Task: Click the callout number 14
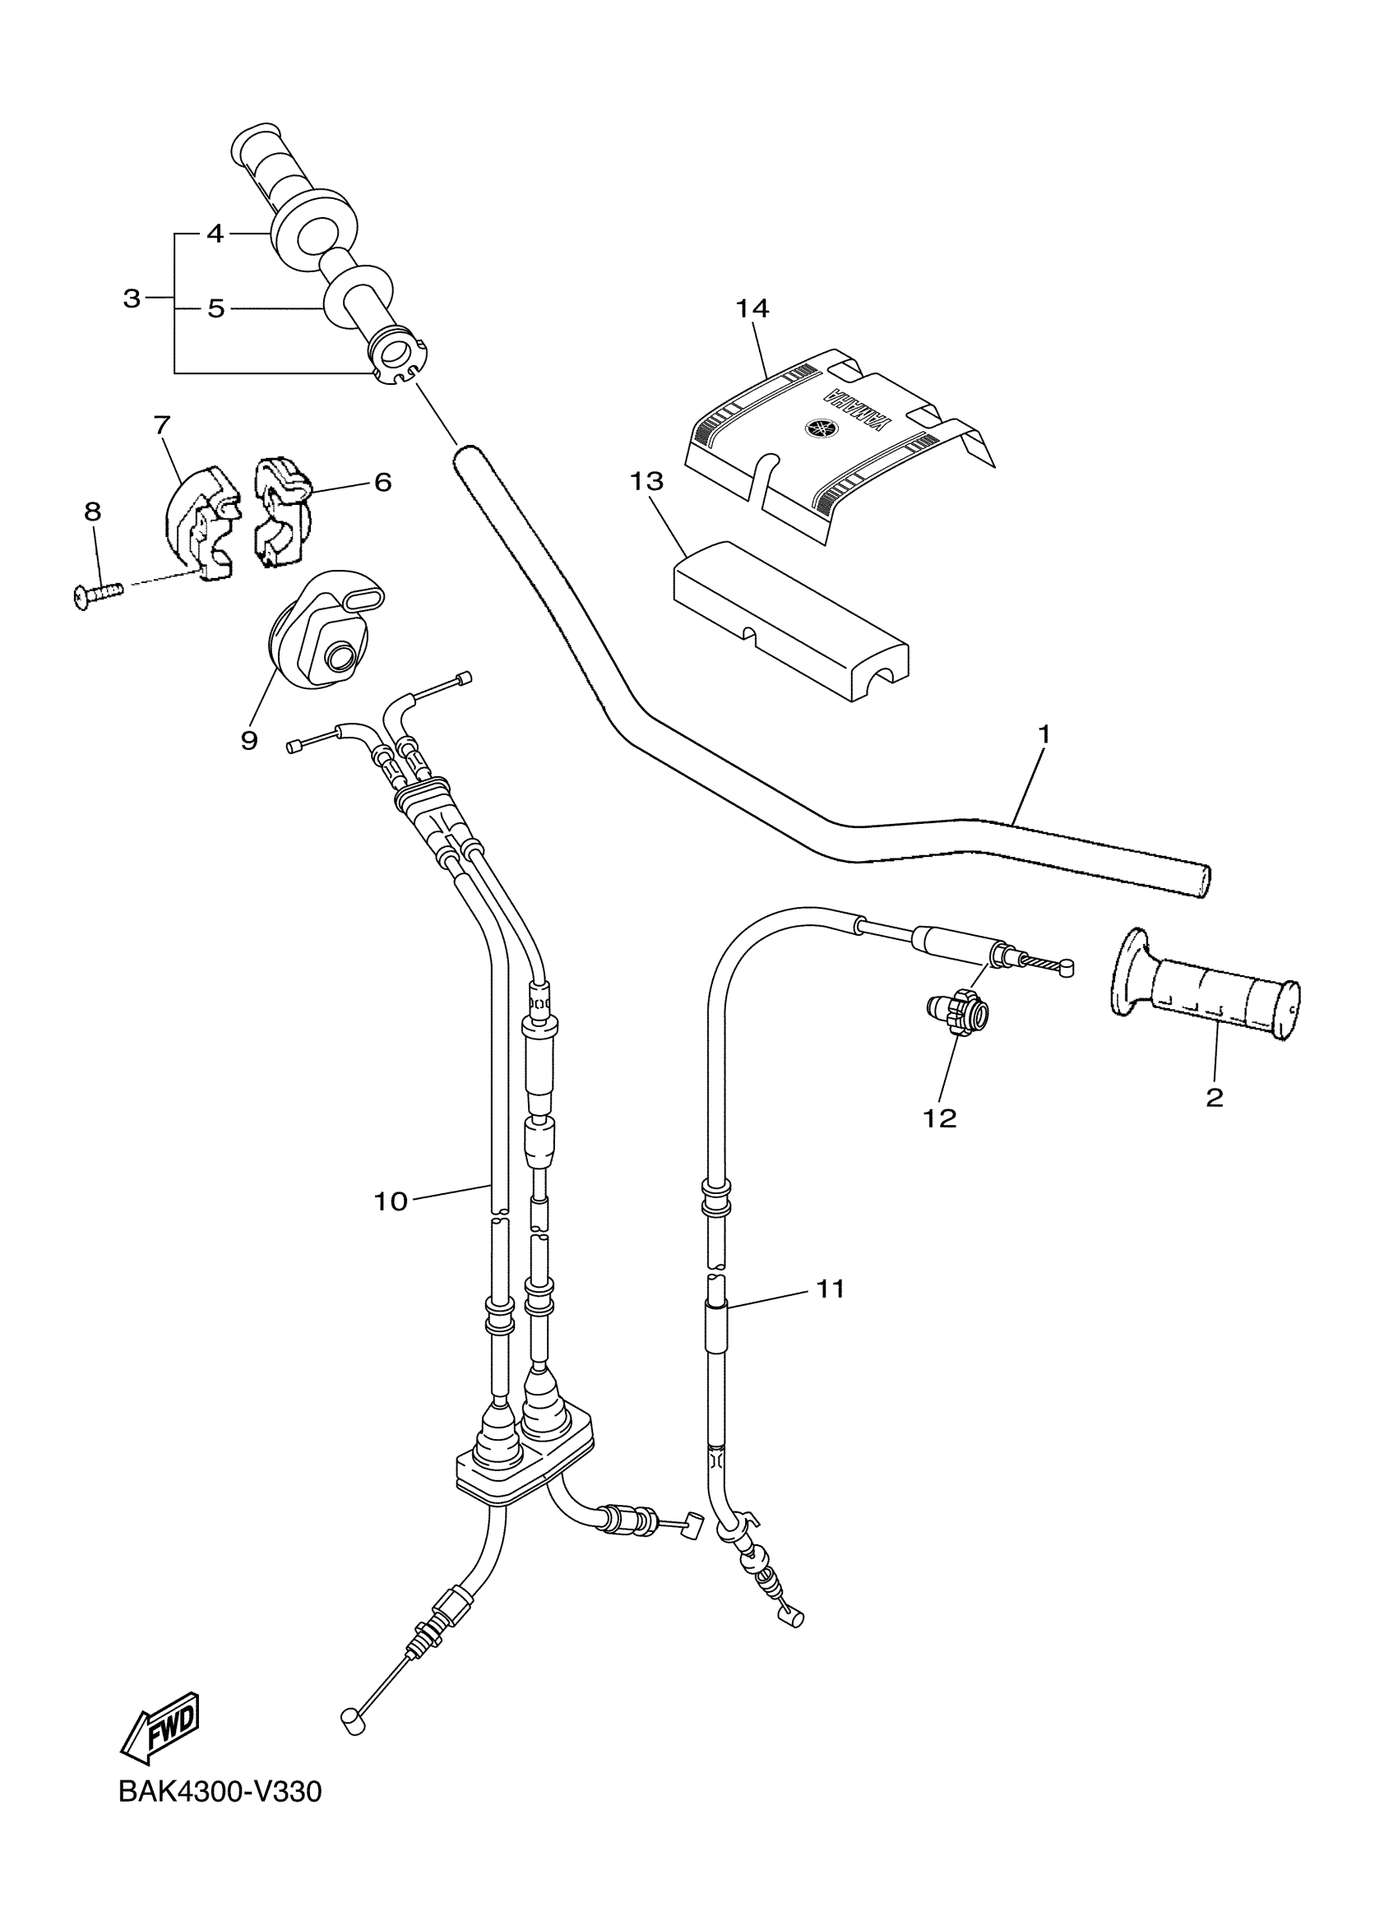coord(752,308)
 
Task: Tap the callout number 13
coord(646,482)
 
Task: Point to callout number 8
coord(93,511)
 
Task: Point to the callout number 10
coord(391,1201)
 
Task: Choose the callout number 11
coord(831,1289)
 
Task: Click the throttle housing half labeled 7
coord(198,521)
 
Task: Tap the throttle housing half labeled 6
coord(280,510)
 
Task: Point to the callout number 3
coord(131,299)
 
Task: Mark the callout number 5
coord(216,308)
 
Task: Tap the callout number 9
coord(248,740)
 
